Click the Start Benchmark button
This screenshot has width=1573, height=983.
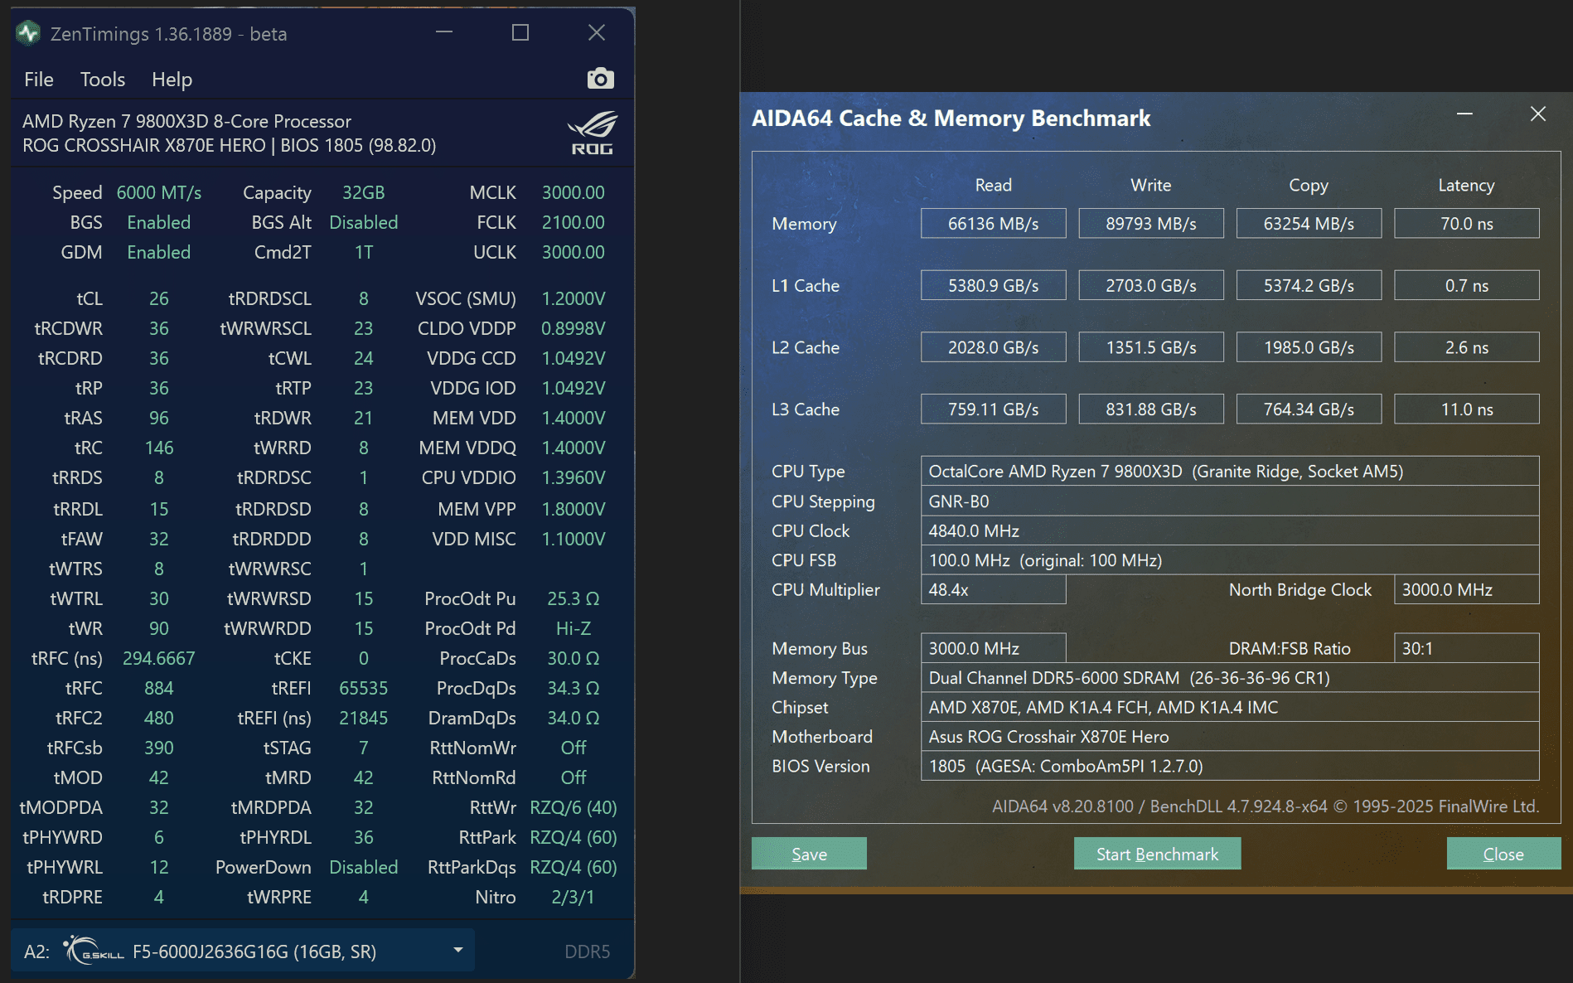(x=1157, y=854)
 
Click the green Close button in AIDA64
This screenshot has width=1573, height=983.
(x=1503, y=854)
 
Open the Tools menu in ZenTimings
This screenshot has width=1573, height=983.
(x=102, y=80)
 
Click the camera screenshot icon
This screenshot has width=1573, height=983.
(x=600, y=79)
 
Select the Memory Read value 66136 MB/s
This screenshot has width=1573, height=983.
(x=993, y=224)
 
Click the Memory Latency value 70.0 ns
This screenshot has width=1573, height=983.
(x=1466, y=224)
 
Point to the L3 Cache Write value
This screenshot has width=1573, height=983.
(x=1150, y=409)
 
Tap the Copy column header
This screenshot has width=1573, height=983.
(x=1308, y=185)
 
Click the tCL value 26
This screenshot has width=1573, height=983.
(x=158, y=298)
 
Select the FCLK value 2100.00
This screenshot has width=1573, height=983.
(x=573, y=222)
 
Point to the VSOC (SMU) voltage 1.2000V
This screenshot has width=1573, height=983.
(x=573, y=298)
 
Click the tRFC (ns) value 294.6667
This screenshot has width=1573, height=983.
(x=158, y=658)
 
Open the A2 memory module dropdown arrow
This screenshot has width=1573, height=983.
(x=457, y=950)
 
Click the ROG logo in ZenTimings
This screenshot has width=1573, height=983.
(x=592, y=133)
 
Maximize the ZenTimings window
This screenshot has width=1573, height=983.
(x=520, y=33)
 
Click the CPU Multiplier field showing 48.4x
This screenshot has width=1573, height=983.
(x=993, y=590)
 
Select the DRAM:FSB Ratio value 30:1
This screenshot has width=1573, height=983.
(x=1465, y=648)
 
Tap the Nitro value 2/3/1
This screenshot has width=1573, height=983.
(x=573, y=897)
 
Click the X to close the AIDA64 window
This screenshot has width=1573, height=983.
(x=1537, y=114)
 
